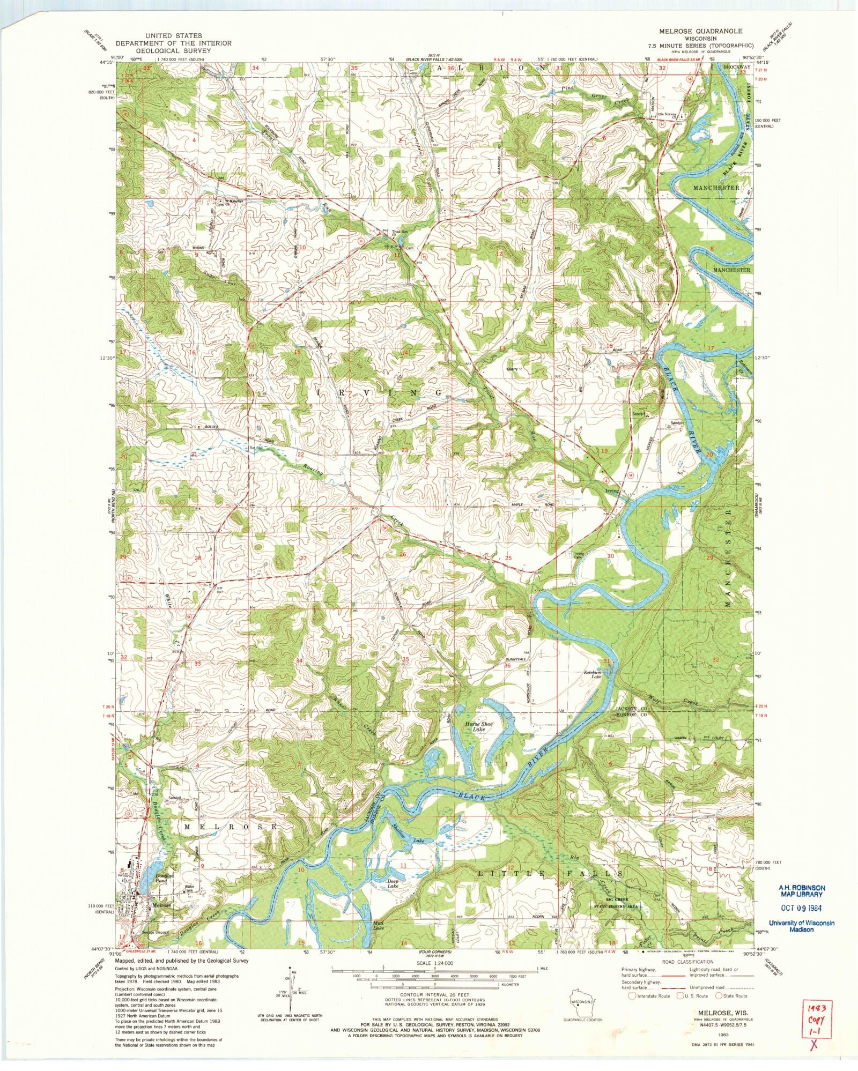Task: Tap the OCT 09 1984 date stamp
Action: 801,908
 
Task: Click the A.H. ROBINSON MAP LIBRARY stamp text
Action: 802,891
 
